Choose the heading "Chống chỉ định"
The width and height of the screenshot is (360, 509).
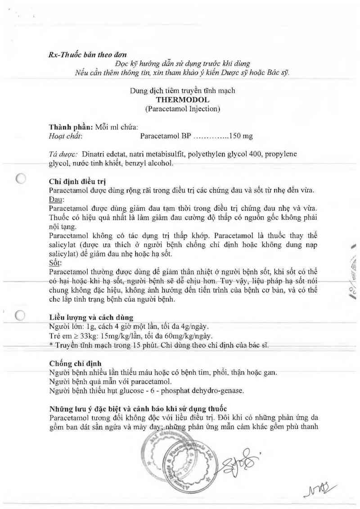coord(75,363)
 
